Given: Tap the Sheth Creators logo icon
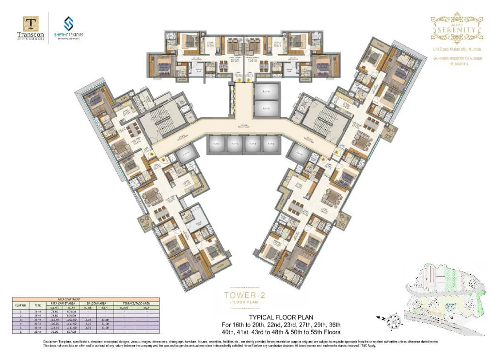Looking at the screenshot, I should (68, 23).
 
